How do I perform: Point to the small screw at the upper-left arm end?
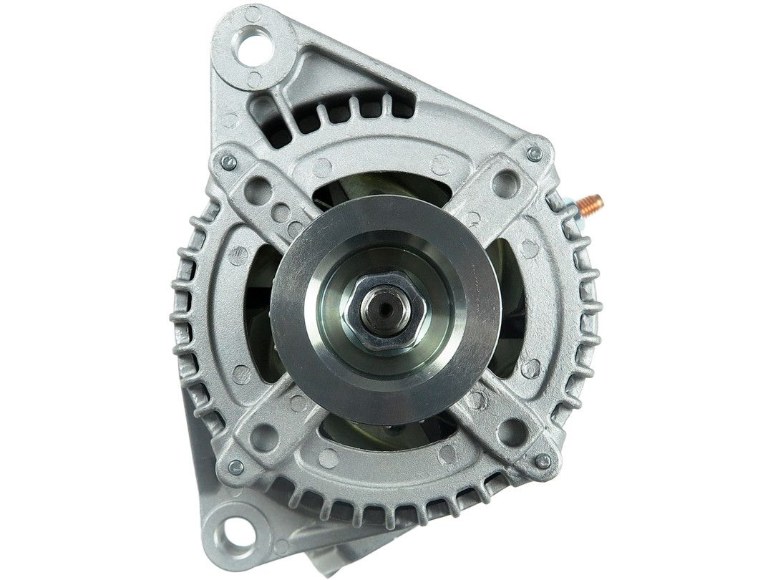click(228, 163)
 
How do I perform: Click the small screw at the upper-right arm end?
click(534, 153)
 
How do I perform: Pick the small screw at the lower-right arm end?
click(543, 461)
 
